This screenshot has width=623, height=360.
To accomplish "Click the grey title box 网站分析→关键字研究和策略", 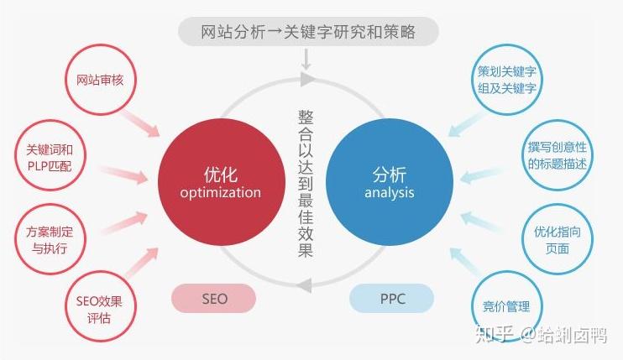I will click(x=308, y=33).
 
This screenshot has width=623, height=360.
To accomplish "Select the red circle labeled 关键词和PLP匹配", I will click(x=50, y=157).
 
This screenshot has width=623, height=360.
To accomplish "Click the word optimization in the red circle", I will click(x=220, y=193).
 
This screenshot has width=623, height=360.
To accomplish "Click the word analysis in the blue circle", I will click(x=390, y=193).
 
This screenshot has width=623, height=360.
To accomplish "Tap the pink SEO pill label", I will click(x=214, y=298).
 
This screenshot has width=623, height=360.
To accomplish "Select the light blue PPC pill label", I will click(x=390, y=298).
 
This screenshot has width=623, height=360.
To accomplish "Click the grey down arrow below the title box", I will click(x=307, y=59).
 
